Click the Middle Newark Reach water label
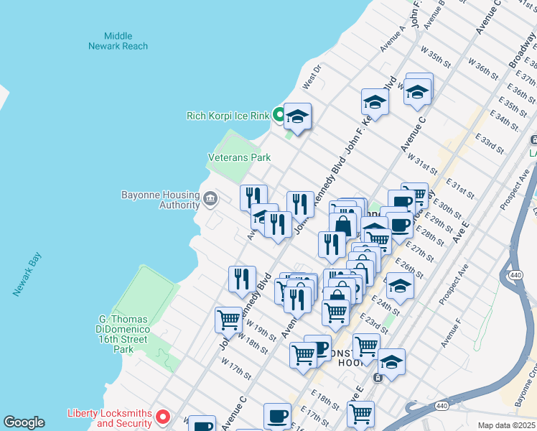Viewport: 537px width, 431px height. pyautogui.click(x=118, y=41)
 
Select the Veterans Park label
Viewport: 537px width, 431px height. pyautogui.click(x=239, y=157)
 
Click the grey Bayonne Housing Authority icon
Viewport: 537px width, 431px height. pyautogui.click(x=210, y=198)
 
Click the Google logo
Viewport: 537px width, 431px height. pyautogui.click(x=24, y=423)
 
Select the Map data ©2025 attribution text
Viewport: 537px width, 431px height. pyautogui.click(x=506, y=425)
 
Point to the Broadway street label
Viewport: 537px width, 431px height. pyautogui.click(x=521, y=51)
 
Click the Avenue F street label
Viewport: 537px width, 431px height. pyautogui.click(x=452, y=333)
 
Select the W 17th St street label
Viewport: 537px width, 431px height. pyautogui.click(x=237, y=371)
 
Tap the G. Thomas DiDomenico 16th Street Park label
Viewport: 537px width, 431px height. pyautogui.click(x=124, y=334)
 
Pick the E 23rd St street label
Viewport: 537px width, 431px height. pyautogui.click(x=374, y=323)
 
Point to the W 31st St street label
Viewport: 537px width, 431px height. pyautogui.click(x=421, y=162)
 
